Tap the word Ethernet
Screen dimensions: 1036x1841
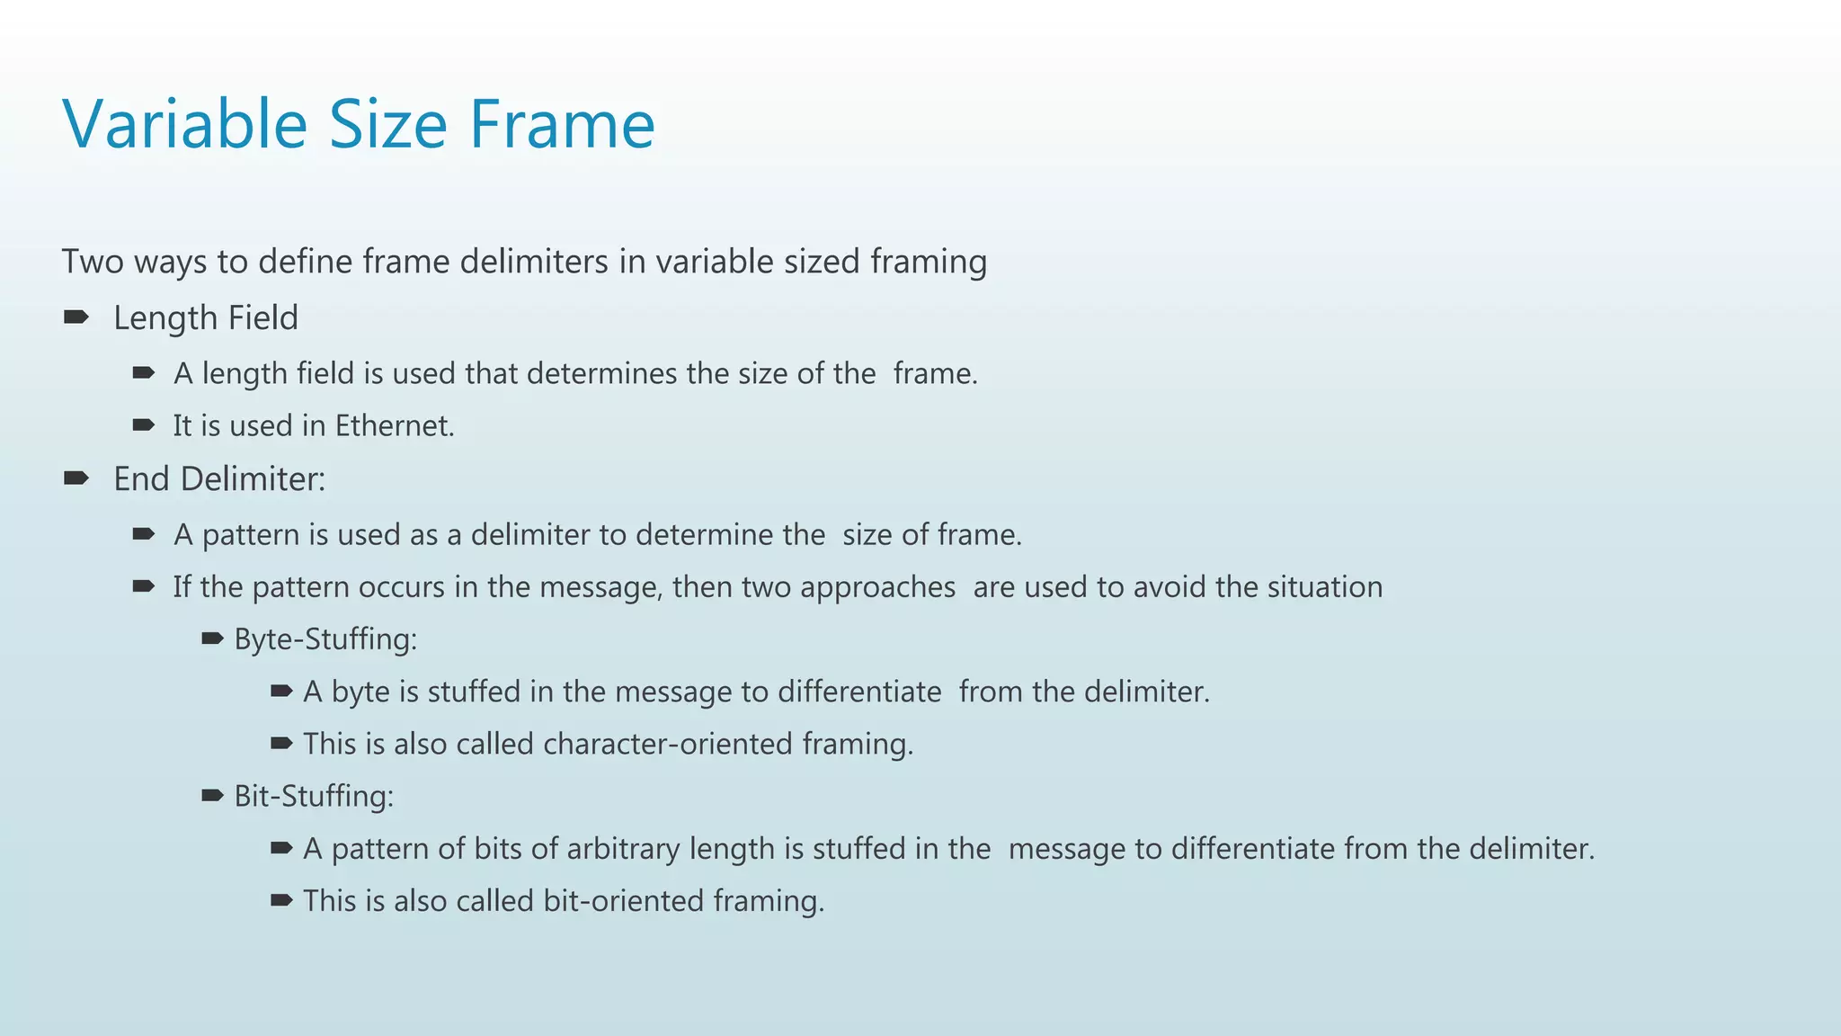[394, 425]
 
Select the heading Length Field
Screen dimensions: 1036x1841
[205, 317]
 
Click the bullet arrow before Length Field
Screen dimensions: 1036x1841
[76, 317]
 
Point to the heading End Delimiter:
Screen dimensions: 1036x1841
[218, 478]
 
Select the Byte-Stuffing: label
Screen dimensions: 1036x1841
[325, 639]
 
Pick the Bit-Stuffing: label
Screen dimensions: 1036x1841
[314, 796]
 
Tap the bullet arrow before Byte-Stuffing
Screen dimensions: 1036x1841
[212, 639]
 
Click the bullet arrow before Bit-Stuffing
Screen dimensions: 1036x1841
[212, 795]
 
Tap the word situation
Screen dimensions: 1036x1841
[1325, 586]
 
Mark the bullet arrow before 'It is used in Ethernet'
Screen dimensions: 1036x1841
[144, 425]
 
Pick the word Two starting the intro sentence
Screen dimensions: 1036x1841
[93, 262]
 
